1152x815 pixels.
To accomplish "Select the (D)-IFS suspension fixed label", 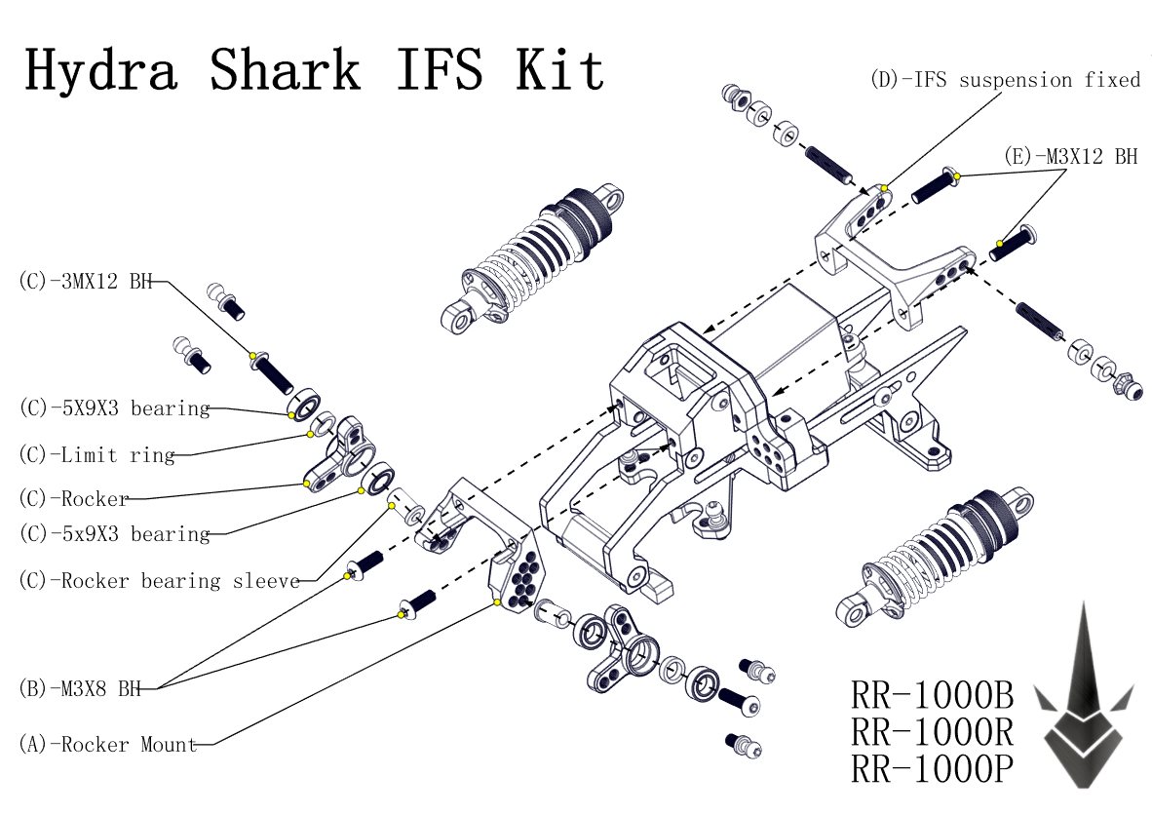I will (x=1004, y=80).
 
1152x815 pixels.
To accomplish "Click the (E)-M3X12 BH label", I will (x=1070, y=156).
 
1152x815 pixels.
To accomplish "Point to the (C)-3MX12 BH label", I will (x=86, y=282).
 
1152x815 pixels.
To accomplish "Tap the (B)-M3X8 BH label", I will (x=80, y=688).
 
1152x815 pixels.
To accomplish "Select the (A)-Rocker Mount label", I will (x=107, y=745).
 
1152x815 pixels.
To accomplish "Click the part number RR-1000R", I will (x=933, y=732).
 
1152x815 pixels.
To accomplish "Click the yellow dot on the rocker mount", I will (x=497, y=603).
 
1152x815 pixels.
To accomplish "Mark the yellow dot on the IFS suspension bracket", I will (x=883, y=187).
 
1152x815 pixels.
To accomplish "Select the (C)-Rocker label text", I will (x=74, y=499).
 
